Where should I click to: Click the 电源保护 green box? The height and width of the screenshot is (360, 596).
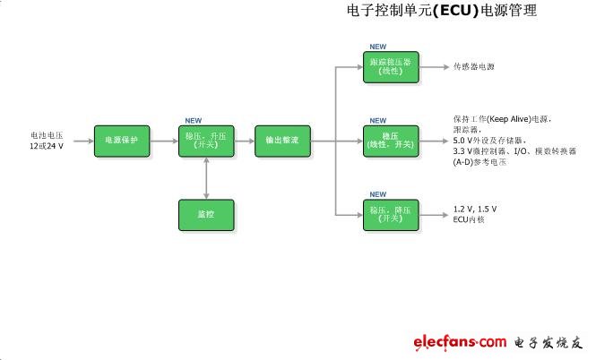tap(121, 141)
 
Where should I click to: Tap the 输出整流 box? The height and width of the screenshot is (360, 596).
tap(282, 141)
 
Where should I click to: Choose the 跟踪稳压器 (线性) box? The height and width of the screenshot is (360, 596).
tap(388, 67)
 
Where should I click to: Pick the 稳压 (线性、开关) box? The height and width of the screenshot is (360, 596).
tap(388, 141)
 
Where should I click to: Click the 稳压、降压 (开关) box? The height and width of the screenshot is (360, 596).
tap(388, 213)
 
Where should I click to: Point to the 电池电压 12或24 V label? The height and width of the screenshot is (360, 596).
tap(46, 141)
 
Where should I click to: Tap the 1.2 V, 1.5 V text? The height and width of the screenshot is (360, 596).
tap(475, 209)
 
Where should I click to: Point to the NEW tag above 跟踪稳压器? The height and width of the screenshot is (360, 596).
tap(378, 46)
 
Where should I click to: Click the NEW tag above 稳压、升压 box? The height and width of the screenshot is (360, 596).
tap(193, 120)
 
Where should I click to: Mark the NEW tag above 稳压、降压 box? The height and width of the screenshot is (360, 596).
tap(378, 193)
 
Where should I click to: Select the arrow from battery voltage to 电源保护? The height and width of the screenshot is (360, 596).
tap(81, 141)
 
